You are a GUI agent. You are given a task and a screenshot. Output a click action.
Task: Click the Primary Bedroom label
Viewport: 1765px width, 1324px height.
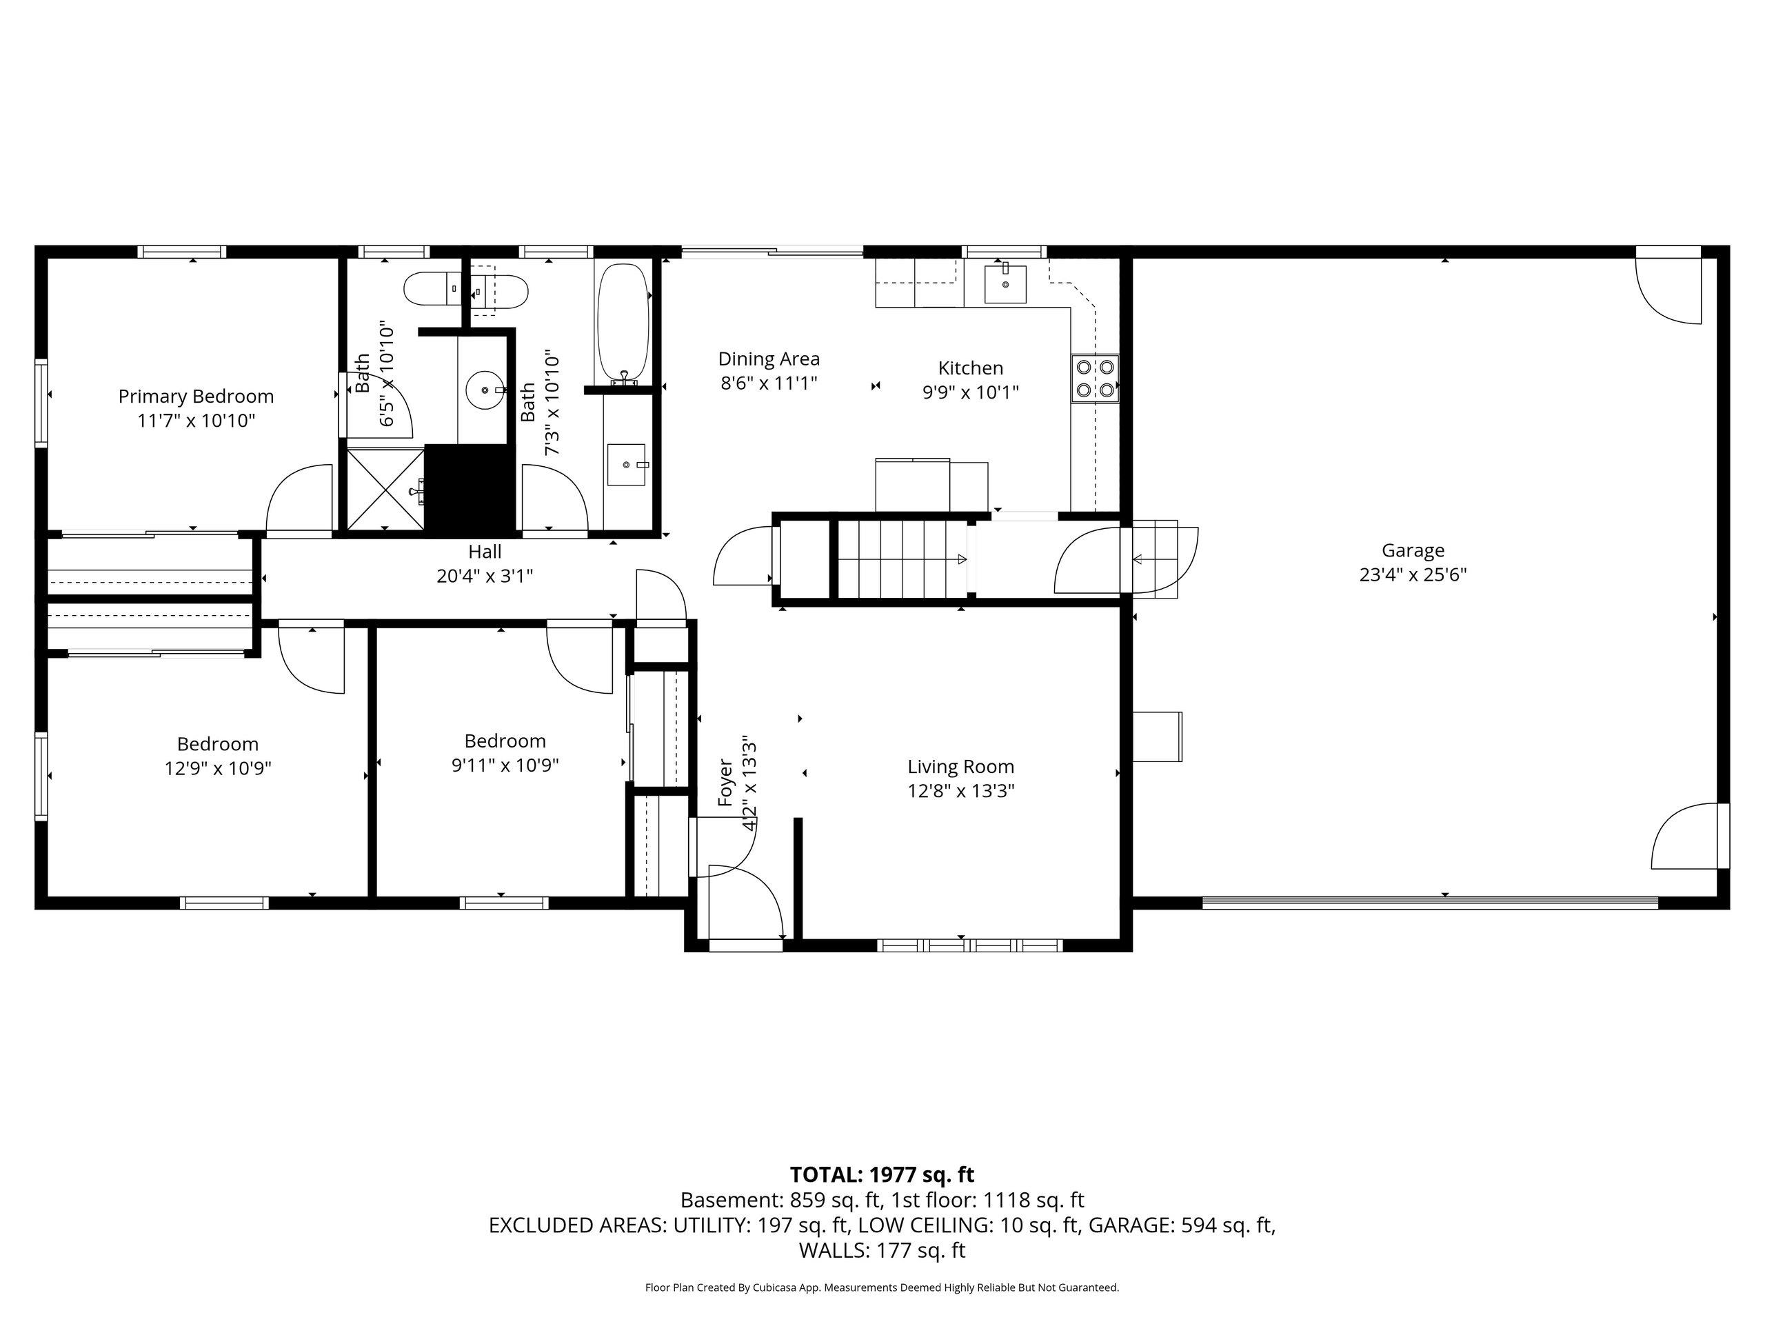196,396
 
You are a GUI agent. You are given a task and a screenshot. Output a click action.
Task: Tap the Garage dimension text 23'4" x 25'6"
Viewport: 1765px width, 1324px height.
1413,574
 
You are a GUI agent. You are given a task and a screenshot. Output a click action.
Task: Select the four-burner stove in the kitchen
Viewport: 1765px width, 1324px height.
1095,379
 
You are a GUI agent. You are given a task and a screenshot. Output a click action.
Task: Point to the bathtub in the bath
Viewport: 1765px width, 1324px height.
624,324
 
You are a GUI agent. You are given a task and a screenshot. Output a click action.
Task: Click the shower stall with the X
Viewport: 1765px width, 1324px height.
385,489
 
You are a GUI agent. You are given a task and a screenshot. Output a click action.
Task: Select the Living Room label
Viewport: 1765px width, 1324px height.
960,766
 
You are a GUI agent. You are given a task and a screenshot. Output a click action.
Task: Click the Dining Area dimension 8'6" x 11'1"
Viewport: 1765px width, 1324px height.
769,383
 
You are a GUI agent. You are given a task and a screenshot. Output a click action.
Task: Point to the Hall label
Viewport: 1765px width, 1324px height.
485,552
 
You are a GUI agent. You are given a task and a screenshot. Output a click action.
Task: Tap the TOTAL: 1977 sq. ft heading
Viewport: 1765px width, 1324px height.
882,1175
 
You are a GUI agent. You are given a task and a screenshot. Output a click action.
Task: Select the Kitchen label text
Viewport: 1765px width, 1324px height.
970,368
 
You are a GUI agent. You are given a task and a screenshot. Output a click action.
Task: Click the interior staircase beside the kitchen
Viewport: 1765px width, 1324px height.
902,559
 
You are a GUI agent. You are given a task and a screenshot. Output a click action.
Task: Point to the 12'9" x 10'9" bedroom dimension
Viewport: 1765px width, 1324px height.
218,769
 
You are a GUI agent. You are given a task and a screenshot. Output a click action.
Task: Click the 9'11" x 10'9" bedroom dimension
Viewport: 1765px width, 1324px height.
505,765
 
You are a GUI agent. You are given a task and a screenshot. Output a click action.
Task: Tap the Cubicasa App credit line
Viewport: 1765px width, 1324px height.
882,1287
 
